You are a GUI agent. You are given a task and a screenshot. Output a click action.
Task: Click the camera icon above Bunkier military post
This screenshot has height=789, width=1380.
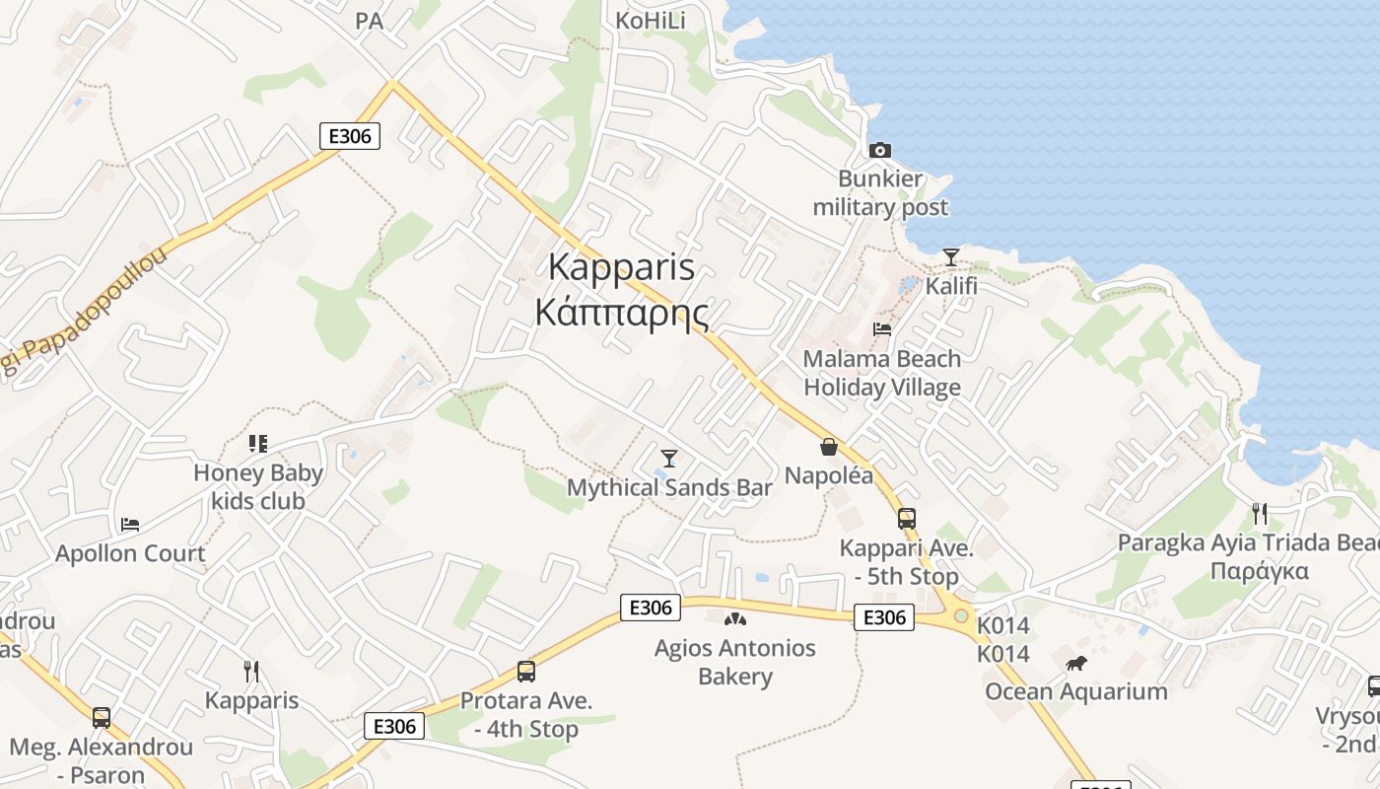coord(880,150)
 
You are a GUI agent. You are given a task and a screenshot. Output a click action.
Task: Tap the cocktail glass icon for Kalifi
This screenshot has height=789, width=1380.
coord(950,257)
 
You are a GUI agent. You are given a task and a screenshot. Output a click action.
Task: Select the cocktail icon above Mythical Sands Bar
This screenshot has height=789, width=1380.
coord(669,458)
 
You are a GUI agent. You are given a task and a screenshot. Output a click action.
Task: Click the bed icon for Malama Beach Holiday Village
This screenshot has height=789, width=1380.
coord(882,329)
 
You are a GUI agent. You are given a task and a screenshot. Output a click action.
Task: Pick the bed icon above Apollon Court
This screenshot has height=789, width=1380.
coord(130,524)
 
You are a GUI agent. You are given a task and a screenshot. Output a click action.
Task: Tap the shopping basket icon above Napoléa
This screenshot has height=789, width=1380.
coord(829,447)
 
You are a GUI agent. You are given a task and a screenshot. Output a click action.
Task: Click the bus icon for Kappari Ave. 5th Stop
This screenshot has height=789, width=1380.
coord(906,518)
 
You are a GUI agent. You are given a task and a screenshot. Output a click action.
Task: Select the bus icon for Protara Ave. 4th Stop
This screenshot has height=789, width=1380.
coord(526,672)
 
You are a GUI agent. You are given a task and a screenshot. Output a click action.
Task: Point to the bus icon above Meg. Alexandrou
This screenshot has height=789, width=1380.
coord(102,717)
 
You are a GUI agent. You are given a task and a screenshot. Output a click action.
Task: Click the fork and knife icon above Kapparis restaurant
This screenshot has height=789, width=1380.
coord(251,672)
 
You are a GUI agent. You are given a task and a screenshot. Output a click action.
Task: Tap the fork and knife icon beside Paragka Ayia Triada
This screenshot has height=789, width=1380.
coord(1259,513)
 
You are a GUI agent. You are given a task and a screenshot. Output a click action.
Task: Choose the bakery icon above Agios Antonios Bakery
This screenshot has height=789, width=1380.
coord(735,619)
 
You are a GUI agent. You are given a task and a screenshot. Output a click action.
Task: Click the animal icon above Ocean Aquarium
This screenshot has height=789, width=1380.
coord(1076,663)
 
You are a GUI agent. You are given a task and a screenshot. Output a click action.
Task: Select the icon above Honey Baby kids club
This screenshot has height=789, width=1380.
coord(258,444)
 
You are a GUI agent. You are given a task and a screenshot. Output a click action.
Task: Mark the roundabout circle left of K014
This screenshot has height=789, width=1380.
coord(961,615)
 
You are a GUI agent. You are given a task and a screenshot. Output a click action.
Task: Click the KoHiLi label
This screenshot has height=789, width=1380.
coord(650,21)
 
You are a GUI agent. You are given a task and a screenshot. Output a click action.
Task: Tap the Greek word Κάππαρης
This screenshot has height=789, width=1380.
coord(622,312)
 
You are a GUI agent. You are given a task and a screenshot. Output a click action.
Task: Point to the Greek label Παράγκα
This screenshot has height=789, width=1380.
coord(1259,571)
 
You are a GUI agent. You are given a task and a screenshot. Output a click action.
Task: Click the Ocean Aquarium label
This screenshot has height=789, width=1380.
coord(1076,691)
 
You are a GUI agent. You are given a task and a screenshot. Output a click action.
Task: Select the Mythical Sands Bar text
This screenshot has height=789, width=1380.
coord(669,487)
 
